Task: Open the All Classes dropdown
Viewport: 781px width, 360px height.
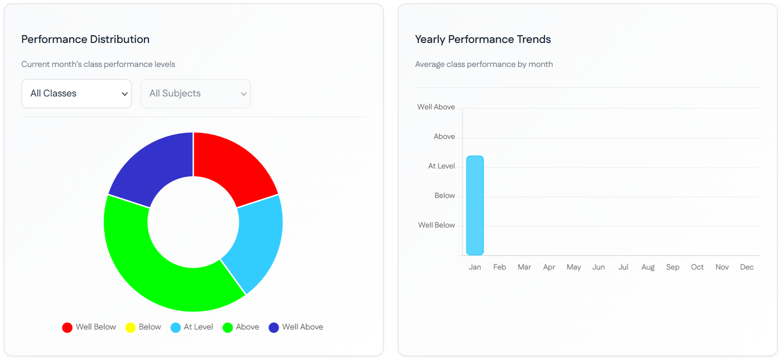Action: coord(77,94)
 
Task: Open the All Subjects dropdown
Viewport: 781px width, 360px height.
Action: coord(196,94)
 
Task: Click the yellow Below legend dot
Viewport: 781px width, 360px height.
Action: coord(131,328)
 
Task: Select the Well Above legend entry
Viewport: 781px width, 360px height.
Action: coord(296,327)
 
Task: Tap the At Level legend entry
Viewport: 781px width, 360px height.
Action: coord(192,327)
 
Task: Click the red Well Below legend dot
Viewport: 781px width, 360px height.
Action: coord(67,328)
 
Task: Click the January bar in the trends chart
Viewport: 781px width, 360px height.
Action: coord(475,205)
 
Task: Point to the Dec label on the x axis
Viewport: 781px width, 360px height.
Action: coord(746,267)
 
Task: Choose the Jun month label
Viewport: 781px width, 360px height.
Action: coord(598,267)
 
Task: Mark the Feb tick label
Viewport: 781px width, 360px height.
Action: coord(500,267)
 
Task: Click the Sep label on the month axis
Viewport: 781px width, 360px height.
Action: coord(673,267)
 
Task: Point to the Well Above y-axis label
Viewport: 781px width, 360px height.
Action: coord(436,107)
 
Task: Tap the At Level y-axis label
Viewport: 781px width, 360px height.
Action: coord(441,166)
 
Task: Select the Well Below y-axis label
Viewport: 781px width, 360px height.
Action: coord(436,225)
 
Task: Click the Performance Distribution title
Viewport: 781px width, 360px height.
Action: coord(85,40)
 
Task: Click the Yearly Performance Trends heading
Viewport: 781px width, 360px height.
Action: coord(483,40)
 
